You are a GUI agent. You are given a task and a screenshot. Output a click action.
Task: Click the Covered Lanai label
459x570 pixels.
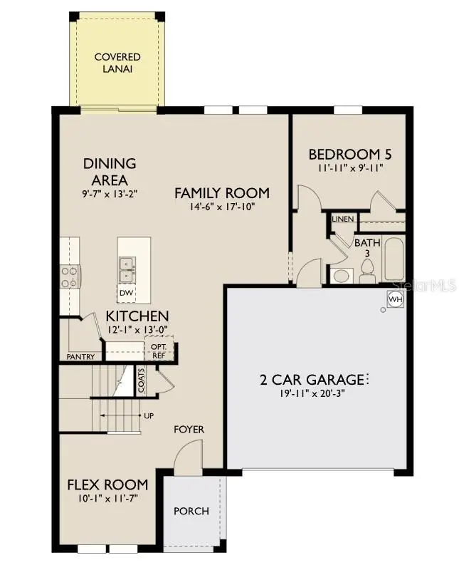tap(117, 63)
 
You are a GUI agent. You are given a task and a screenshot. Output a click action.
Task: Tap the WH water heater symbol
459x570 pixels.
tap(395, 300)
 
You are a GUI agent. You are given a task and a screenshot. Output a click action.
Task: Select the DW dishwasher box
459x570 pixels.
tap(126, 293)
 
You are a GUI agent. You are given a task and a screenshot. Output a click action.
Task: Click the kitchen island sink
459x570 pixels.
tap(127, 266)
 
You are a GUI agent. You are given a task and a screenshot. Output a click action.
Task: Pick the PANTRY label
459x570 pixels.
tap(80, 356)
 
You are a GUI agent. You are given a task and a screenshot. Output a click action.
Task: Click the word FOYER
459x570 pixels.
tap(189, 429)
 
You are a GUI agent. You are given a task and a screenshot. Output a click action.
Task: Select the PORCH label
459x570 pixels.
tap(191, 511)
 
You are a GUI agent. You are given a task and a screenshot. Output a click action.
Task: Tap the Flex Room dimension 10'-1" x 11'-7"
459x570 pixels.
tap(107, 499)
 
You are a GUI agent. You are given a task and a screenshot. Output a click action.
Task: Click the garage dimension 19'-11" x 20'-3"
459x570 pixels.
tap(312, 393)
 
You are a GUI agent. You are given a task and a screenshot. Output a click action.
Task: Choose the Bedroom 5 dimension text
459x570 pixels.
tap(349, 169)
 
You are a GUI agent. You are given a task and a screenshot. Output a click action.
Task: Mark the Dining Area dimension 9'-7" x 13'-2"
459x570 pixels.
tap(109, 194)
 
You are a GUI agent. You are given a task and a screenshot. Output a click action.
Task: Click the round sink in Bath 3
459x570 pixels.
tap(341, 276)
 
